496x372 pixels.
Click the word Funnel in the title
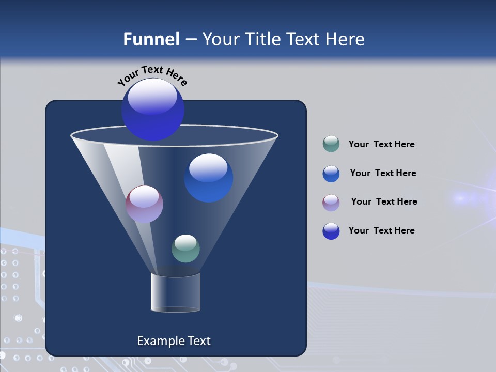(x=151, y=39)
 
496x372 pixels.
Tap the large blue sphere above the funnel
(x=153, y=110)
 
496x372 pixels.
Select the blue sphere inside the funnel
(x=209, y=178)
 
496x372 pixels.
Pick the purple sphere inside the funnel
(x=145, y=204)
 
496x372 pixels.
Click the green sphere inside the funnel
(x=185, y=249)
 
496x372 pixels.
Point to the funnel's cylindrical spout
(x=176, y=292)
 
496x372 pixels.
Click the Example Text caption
(x=174, y=341)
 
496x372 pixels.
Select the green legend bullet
(x=331, y=144)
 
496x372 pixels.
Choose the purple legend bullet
(x=331, y=203)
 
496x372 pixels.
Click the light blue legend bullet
(x=331, y=174)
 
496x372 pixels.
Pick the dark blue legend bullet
(x=331, y=231)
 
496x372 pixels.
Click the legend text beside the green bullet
(x=381, y=145)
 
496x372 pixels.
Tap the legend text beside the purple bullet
(x=384, y=202)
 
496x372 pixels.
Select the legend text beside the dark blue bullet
(x=381, y=231)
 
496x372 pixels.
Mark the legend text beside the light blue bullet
(x=383, y=174)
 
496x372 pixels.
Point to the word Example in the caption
(x=156, y=341)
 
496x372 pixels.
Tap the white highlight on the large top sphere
(x=152, y=97)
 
